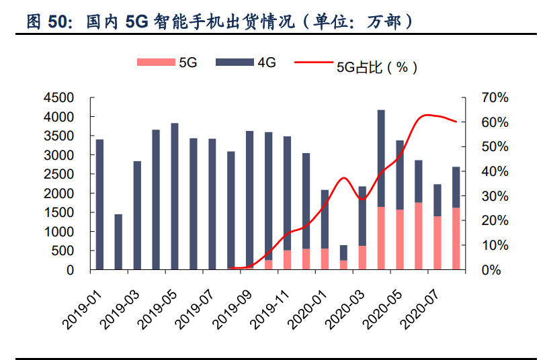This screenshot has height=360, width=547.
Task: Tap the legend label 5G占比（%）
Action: (376, 66)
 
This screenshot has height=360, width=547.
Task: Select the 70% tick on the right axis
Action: (495, 98)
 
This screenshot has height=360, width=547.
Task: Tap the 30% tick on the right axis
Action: (495, 196)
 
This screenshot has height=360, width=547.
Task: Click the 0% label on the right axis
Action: (499, 270)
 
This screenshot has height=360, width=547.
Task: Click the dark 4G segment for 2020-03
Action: (362, 216)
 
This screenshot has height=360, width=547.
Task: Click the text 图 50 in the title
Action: (48, 22)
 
